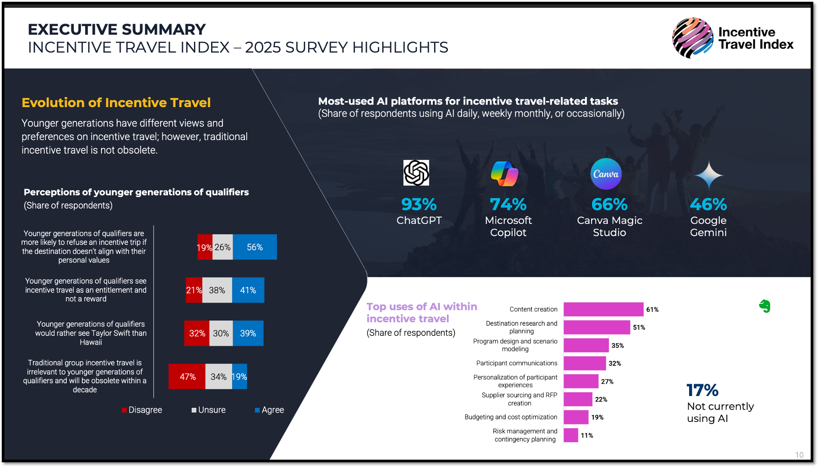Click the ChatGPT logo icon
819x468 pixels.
pos(416,173)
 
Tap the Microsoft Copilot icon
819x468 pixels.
pos(505,173)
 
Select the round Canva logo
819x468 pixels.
pos(606,174)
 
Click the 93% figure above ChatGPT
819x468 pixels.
pos(419,205)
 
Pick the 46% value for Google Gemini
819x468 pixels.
pos(708,205)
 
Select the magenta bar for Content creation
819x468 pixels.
pos(603,309)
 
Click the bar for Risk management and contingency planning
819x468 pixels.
pos(571,435)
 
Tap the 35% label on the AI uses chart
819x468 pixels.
pos(618,346)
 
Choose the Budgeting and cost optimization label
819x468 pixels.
pos(511,417)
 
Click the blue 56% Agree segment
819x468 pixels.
pos(255,247)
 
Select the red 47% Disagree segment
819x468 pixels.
pos(187,377)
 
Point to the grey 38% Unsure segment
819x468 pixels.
pos(217,290)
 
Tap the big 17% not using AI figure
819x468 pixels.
pos(702,390)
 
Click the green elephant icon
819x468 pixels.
pos(765,306)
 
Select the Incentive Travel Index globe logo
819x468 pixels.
pos(693,38)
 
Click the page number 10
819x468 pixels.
pos(799,455)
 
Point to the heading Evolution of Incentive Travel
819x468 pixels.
pos(116,103)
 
